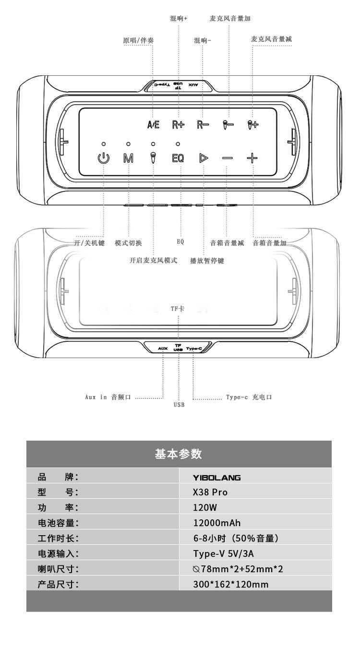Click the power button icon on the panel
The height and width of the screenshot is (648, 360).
(x=104, y=158)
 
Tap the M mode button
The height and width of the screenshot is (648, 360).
(x=128, y=158)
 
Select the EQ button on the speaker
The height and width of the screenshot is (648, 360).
(x=178, y=158)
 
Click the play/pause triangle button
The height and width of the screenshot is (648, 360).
(x=203, y=158)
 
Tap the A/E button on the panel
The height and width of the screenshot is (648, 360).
(x=153, y=125)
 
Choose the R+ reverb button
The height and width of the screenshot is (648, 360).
(x=178, y=125)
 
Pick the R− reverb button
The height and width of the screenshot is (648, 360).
(x=203, y=125)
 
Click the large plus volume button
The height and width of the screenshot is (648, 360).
(x=252, y=158)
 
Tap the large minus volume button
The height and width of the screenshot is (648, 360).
(x=227, y=158)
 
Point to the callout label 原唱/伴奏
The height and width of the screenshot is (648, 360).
(x=139, y=41)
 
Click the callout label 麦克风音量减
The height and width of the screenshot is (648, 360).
(x=271, y=39)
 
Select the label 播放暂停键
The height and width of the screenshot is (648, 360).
(x=207, y=261)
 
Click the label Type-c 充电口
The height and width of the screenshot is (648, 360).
(x=249, y=397)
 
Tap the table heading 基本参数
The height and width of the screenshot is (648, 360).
(x=179, y=454)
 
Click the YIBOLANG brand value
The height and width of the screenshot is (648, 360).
(x=216, y=478)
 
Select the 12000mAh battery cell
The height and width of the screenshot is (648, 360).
(x=216, y=523)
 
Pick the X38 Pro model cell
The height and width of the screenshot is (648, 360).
(x=210, y=492)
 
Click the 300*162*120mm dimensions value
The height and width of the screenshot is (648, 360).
(x=230, y=584)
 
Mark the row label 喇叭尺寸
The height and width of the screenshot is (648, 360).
(x=58, y=569)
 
